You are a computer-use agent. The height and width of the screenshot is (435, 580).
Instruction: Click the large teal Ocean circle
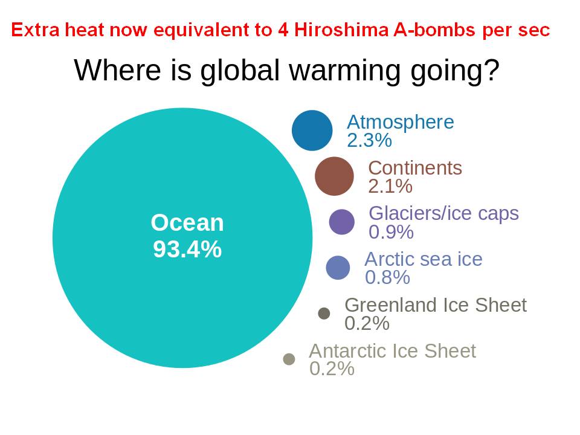coord(182,238)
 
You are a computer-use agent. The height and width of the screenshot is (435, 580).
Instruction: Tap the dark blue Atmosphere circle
coord(312,130)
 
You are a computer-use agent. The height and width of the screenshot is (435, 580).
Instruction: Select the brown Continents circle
coord(334,176)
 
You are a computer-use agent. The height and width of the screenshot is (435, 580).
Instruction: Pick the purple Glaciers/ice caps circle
coord(342,222)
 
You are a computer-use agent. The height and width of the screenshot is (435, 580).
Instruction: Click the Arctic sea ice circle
coord(338,268)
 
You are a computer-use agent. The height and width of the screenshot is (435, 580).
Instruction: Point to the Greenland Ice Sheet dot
coord(324,314)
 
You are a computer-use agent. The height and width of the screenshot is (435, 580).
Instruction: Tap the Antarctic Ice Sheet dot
coord(289,359)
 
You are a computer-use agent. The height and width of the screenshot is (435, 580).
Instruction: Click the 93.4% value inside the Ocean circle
coord(187,249)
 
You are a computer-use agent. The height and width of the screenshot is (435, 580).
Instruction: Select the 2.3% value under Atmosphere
coord(369,140)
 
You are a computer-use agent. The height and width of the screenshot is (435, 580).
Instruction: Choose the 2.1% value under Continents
coord(390,186)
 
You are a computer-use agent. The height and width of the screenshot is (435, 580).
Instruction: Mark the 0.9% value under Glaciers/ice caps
coord(391,232)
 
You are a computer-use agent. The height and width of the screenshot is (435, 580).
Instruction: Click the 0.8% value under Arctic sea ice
coord(387,277)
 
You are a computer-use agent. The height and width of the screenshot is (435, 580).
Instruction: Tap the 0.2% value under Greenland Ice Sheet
coord(367,323)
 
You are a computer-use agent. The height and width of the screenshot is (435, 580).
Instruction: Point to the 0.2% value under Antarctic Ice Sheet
coord(332,369)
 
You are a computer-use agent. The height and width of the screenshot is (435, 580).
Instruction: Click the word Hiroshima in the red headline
coord(341,30)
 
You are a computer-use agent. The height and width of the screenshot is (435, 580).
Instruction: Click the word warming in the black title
coord(345,70)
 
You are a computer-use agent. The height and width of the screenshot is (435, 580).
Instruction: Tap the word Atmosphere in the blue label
coord(400,121)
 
